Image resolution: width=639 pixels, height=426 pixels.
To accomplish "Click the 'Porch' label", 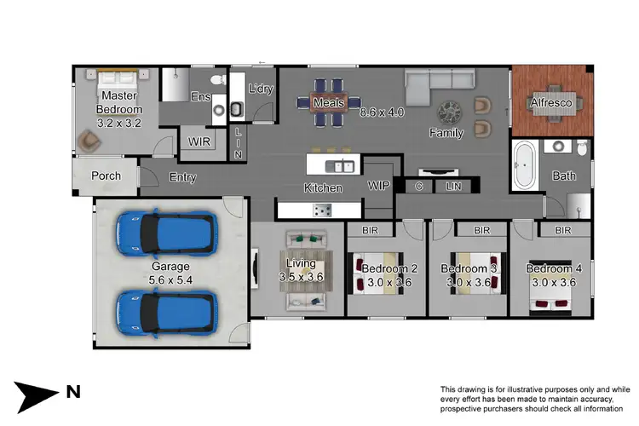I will [x=106, y=176].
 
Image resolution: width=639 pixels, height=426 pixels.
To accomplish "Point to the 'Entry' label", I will [x=182, y=177].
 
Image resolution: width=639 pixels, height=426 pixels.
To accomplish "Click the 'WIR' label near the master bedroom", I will [x=199, y=141].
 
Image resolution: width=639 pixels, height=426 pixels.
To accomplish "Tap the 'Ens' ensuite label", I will [x=200, y=97].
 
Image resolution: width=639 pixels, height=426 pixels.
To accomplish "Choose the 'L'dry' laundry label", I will [x=259, y=89].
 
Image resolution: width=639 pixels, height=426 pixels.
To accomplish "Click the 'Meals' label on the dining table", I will [x=328, y=103].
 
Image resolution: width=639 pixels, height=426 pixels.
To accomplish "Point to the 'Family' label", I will [x=446, y=133].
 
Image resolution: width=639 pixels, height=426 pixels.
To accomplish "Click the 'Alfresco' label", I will [x=551, y=102].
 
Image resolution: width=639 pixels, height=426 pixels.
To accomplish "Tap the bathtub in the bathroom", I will [x=523, y=167].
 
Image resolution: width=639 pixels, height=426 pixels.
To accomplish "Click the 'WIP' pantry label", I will [x=379, y=185].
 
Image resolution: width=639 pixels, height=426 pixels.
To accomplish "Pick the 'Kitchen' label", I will [x=323, y=187].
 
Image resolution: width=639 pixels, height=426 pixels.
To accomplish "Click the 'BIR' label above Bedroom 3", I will [x=481, y=230].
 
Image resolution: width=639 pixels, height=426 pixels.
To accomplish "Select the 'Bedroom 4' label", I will [x=551, y=268].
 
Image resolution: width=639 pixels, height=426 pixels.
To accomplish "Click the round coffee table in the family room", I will [x=449, y=112].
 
